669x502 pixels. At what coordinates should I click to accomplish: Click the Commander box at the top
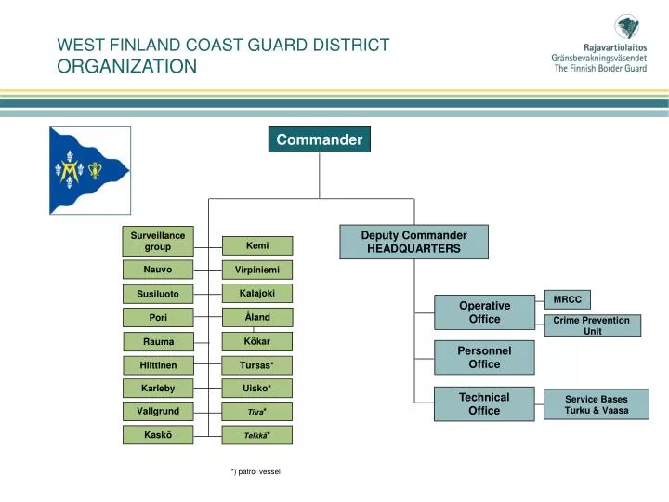pyautogui.click(x=319, y=139)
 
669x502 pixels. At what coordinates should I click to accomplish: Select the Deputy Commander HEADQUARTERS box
pyautogui.click(x=413, y=242)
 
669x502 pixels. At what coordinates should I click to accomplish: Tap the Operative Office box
pyautogui.click(x=484, y=312)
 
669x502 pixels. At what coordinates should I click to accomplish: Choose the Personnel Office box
pyautogui.click(x=484, y=357)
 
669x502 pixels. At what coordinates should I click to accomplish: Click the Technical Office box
pyautogui.click(x=484, y=403)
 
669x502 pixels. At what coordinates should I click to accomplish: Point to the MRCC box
pyautogui.click(x=567, y=299)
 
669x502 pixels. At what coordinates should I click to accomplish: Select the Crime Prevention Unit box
pyautogui.click(x=592, y=325)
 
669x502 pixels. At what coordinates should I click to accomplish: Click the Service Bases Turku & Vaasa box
pyautogui.click(x=596, y=404)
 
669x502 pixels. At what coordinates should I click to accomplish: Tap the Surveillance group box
pyautogui.click(x=157, y=242)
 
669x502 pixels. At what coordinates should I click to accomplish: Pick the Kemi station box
pyautogui.click(x=257, y=246)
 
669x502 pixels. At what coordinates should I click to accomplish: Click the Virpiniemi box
pyautogui.click(x=257, y=270)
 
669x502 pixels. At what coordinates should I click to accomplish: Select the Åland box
pyautogui.click(x=257, y=317)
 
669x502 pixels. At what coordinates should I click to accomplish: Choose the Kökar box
pyautogui.click(x=257, y=341)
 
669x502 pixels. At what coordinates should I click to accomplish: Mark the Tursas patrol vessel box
pyautogui.click(x=257, y=365)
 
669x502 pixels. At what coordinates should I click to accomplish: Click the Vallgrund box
pyautogui.click(x=157, y=411)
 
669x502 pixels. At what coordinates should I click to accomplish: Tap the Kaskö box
pyautogui.click(x=157, y=435)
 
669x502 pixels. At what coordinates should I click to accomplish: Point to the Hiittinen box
pyautogui.click(x=157, y=365)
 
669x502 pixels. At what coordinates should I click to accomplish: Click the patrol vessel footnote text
pyautogui.click(x=256, y=472)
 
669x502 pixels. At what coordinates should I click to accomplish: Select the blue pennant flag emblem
pyautogui.click(x=88, y=170)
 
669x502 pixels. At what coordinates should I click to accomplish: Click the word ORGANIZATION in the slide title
pyautogui.click(x=127, y=66)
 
